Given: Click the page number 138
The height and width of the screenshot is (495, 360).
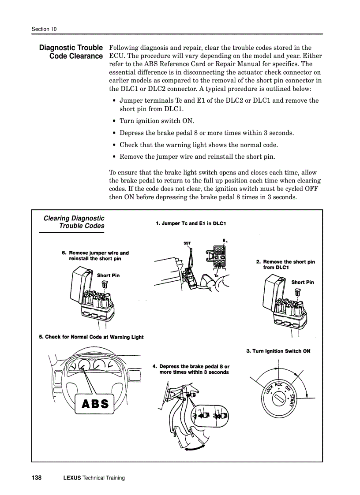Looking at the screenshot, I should [x=37, y=478].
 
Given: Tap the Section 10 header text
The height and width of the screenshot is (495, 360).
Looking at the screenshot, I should [x=44, y=30].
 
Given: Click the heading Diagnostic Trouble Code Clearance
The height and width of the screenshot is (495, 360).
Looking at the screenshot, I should [x=71, y=52].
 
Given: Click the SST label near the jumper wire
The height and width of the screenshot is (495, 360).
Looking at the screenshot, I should [x=187, y=243].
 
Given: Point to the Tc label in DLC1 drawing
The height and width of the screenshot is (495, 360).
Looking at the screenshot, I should [x=216, y=276].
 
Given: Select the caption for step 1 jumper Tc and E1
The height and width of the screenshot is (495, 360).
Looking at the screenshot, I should [x=191, y=223].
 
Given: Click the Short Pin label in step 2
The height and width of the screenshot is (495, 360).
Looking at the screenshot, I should [x=303, y=282].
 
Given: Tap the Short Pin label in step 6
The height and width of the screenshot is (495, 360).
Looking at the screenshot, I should [x=108, y=275].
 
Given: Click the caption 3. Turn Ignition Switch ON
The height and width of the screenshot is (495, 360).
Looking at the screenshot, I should [x=278, y=351].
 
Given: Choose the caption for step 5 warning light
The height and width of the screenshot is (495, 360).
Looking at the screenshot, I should [x=91, y=337].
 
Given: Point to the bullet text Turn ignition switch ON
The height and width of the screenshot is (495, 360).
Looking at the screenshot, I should [x=157, y=121].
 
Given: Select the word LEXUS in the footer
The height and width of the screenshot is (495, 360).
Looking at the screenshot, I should [x=72, y=478].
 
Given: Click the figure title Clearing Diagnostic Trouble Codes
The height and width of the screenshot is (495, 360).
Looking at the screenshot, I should [x=74, y=222].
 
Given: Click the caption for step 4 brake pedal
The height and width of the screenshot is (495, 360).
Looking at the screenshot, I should [x=191, y=369].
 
